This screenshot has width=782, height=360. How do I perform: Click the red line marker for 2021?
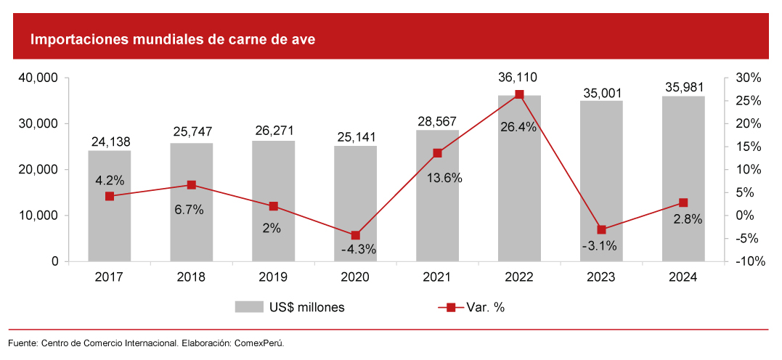tap(437, 153)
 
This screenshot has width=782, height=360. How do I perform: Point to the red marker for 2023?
tap(601, 229)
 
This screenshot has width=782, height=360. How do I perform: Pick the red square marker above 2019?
tap(273, 206)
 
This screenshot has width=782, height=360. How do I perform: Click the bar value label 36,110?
tap(518, 78)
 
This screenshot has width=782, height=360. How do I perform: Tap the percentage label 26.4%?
tap(518, 127)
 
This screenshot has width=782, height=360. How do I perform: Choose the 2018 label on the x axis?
tap(191, 277)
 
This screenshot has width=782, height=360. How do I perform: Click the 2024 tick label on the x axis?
tap(683, 277)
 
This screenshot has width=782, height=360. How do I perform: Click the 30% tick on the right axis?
tap(747, 78)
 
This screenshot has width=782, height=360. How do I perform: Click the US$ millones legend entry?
tap(290, 307)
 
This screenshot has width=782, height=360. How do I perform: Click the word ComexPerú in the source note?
tap(258, 343)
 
